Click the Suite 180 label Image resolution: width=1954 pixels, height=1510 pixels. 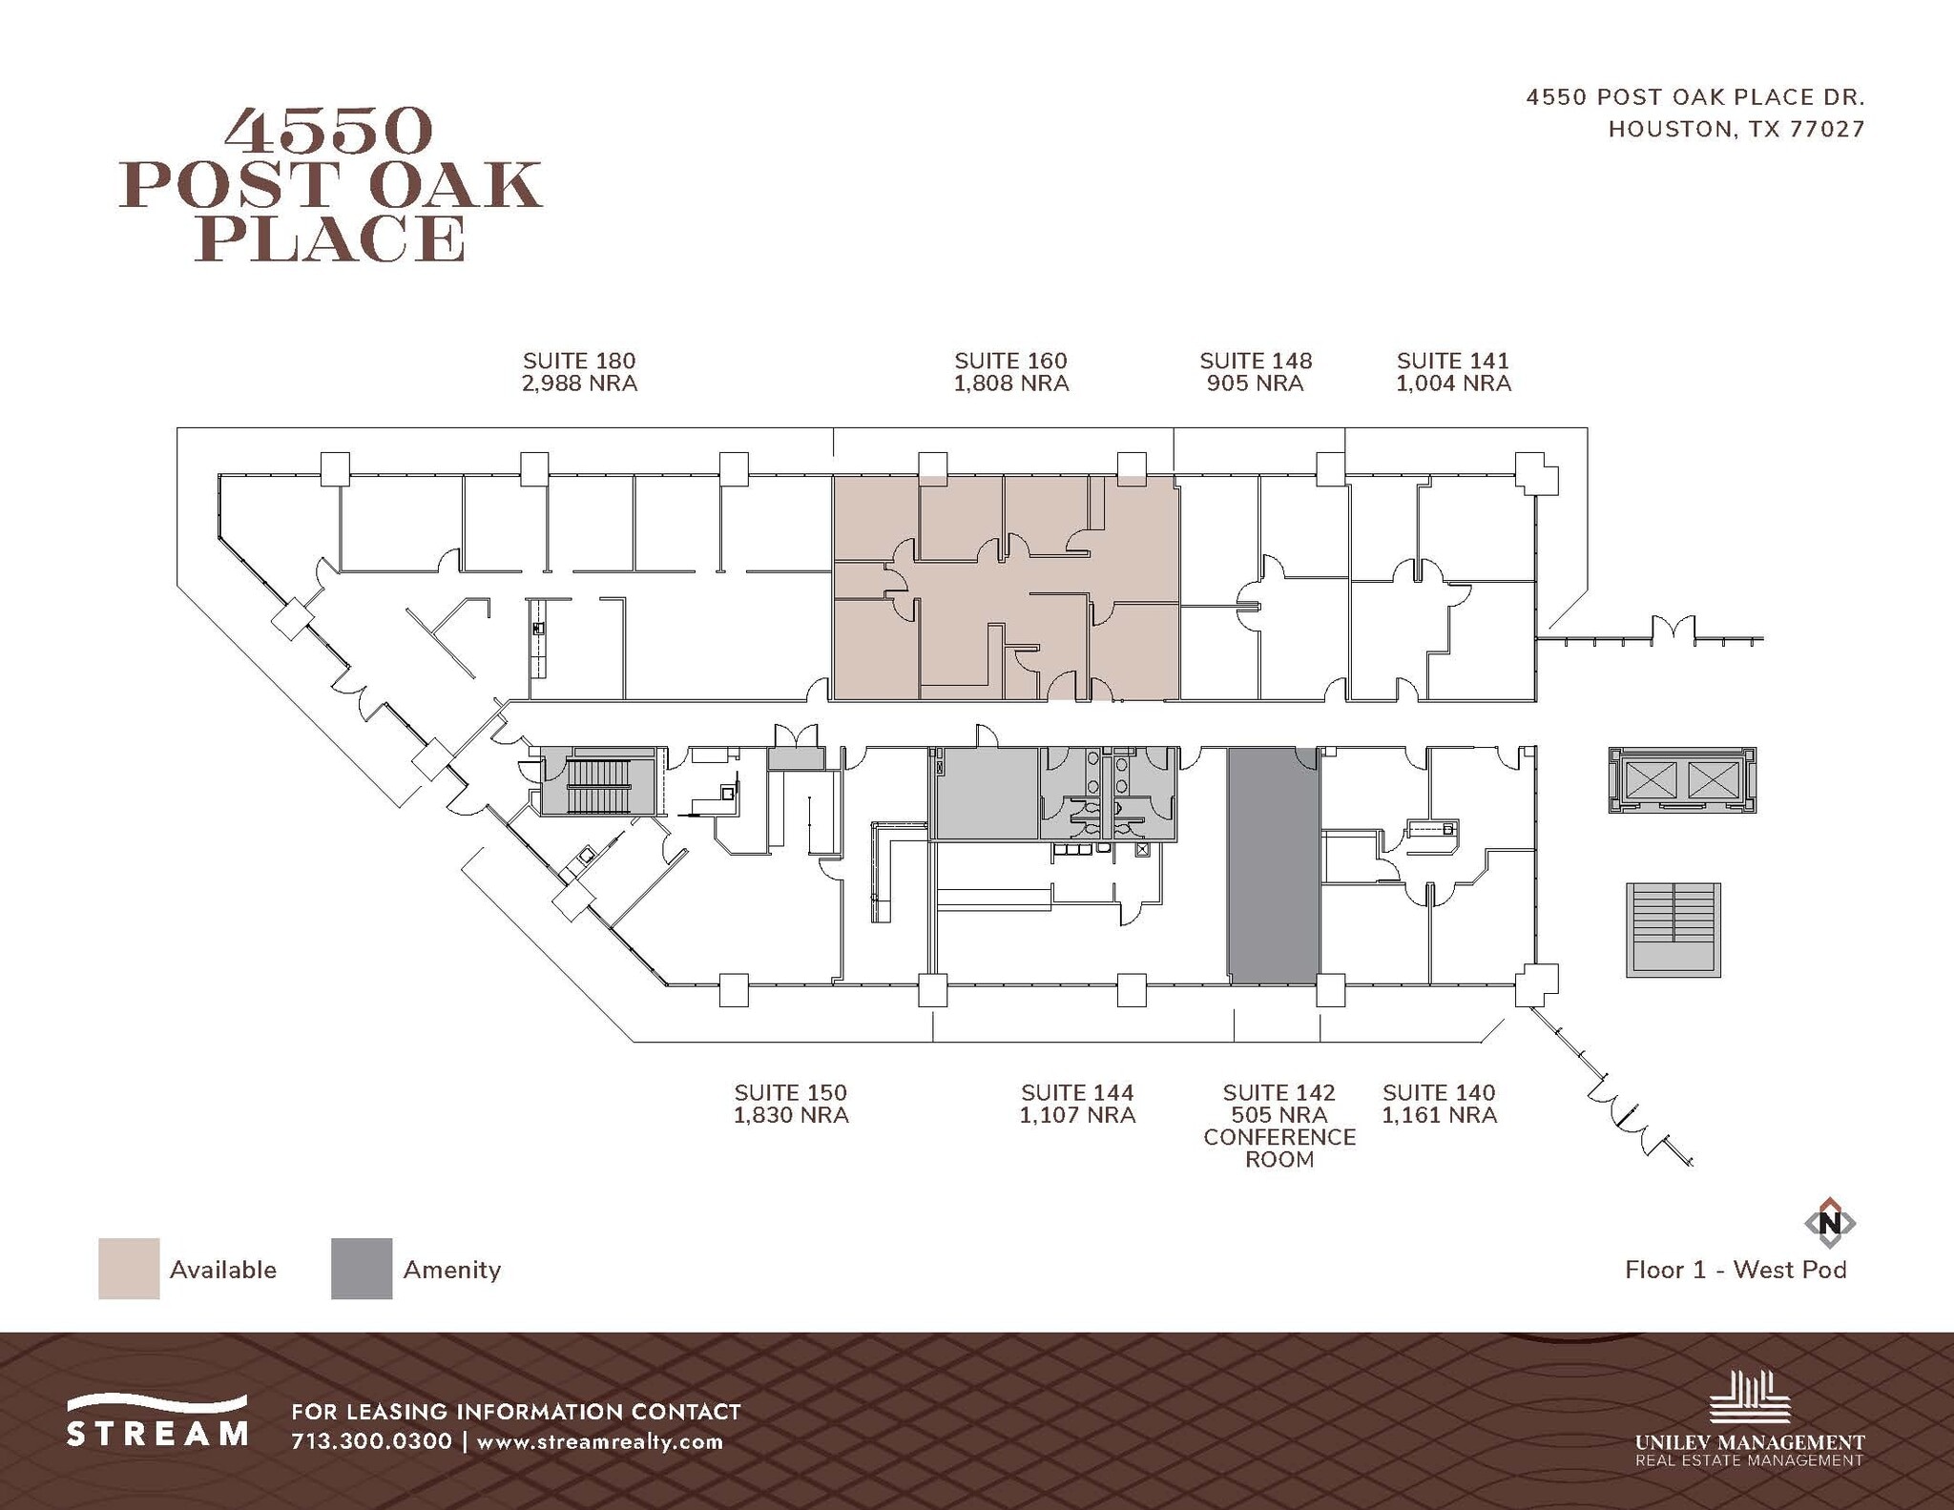pos(578,361)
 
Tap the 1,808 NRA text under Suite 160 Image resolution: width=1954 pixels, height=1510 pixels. pos(1010,383)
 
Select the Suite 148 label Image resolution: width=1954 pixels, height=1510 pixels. pos(1255,361)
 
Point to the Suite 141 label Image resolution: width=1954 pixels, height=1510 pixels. pos(1452,361)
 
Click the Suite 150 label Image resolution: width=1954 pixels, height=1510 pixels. pos(790,1092)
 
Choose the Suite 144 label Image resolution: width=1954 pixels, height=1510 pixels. pos(1077,1092)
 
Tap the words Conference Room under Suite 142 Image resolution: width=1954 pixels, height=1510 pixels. pos(1278,1148)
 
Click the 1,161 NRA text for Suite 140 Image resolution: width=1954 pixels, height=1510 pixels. pos(1439,1115)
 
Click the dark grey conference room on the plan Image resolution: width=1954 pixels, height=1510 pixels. pos(1273,866)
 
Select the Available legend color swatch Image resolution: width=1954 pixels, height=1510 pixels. pos(129,1269)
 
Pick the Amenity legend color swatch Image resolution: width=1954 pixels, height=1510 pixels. pos(362,1269)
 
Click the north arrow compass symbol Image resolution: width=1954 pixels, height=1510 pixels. pos(1829,1222)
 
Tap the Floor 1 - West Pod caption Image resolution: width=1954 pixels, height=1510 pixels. pos(1736,1270)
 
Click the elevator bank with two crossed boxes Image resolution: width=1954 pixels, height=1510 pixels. pos(1681,780)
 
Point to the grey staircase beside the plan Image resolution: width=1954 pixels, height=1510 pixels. pos(1673,930)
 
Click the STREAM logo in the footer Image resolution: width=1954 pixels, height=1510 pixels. pos(157,1421)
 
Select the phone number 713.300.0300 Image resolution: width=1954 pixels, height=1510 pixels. pos(371,1441)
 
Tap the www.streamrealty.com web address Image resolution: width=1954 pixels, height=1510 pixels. pos(599,1441)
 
